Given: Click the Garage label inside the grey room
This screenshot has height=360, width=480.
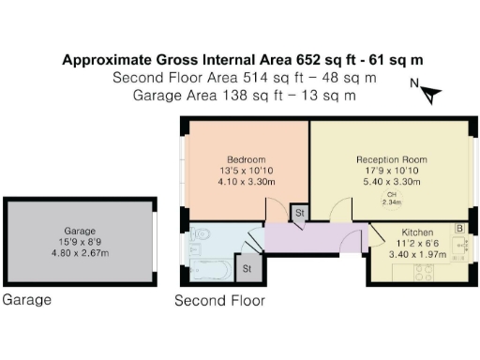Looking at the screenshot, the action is click(x=81, y=231).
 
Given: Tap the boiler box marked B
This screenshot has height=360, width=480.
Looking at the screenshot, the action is click(x=459, y=228).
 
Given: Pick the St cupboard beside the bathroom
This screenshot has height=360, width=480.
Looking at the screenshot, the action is click(x=247, y=269).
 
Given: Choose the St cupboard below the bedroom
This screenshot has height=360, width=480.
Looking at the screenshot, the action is click(x=300, y=214).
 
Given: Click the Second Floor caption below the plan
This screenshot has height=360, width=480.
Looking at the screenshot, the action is click(x=219, y=301).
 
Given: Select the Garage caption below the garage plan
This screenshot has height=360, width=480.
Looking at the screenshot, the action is click(x=27, y=301).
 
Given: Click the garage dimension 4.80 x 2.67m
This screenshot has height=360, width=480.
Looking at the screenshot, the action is click(x=81, y=253).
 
